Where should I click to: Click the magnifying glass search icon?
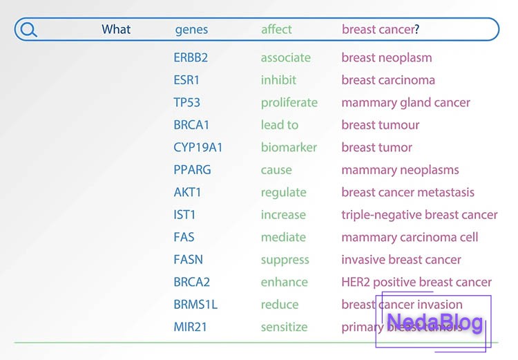pyautogui.click(x=29, y=30)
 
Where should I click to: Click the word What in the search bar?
pyautogui.click(x=116, y=30)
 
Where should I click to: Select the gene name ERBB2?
pyautogui.click(x=190, y=58)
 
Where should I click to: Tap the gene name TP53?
pyautogui.click(x=186, y=103)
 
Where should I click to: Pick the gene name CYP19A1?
pyautogui.click(x=198, y=148)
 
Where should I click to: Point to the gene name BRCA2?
pyautogui.click(x=191, y=283)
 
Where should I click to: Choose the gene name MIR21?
pyautogui.click(x=190, y=328)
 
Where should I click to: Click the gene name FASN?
pyautogui.click(x=188, y=260)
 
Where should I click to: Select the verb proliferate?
pyautogui.click(x=289, y=103)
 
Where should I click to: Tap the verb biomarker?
pyautogui.click(x=289, y=148)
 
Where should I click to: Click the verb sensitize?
pyautogui.click(x=284, y=328)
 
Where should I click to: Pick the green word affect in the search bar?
pyautogui.click(x=276, y=30)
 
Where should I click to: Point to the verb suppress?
pyautogui.click(x=285, y=260)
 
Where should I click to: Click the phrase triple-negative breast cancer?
pyautogui.click(x=419, y=215)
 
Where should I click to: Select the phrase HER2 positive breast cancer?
pyautogui.click(x=416, y=283)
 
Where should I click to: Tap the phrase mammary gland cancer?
pyautogui.click(x=405, y=103)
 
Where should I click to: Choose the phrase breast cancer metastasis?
pyautogui.click(x=407, y=193)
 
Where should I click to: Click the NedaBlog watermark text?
pyautogui.click(x=434, y=323)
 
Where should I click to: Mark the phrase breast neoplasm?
pyautogui.click(x=386, y=58)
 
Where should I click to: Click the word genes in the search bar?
pyautogui.click(x=191, y=30)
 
